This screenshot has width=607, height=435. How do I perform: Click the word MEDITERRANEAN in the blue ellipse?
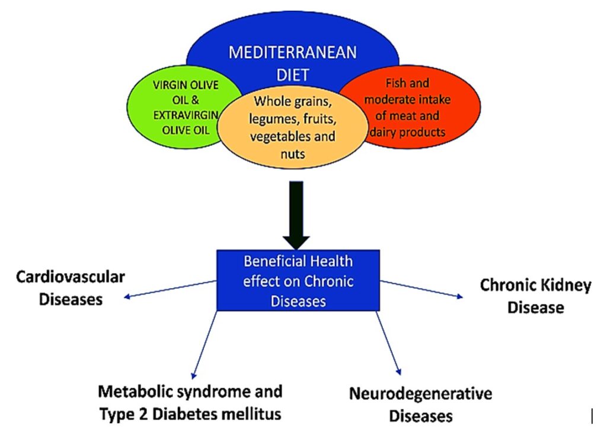coord(293,53)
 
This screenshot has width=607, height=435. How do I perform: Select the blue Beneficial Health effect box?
coord(298,280)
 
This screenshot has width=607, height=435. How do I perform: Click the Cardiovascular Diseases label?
coord(70,288)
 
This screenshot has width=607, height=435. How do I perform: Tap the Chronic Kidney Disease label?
coord(535,296)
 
